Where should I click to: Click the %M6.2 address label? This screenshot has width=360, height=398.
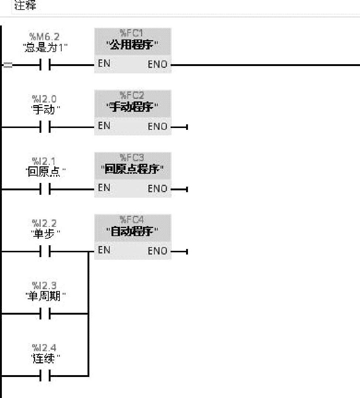[x=44, y=37]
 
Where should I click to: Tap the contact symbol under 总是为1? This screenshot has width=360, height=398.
[x=44, y=65]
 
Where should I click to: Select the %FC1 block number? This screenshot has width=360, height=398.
[x=133, y=33]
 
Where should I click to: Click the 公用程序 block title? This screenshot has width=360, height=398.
[x=133, y=45]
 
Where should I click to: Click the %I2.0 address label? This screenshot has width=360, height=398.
[x=44, y=99]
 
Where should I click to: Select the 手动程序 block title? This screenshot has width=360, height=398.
[x=133, y=108]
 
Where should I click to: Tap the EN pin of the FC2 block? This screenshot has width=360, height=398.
[x=104, y=126]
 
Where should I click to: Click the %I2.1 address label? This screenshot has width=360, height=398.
[x=44, y=161]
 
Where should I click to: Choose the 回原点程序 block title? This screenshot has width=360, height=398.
[x=133, y=170]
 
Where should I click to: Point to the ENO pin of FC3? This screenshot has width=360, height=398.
[x=157, y=188]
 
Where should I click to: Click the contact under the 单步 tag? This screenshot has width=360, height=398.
[x=44, y=252]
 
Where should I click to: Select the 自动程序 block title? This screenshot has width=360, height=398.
[x=133, y=232]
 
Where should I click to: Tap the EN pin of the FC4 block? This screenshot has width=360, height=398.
[x=104, y=250]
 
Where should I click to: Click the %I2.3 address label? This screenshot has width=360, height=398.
[x=44, y=285]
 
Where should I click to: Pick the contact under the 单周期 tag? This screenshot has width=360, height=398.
[x=44, y=314]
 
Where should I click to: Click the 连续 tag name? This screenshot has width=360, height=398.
[x=44, y=358]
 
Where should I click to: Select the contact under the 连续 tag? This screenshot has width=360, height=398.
[x=44, y=376]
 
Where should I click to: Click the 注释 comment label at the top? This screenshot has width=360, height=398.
[x=25, y=6]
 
